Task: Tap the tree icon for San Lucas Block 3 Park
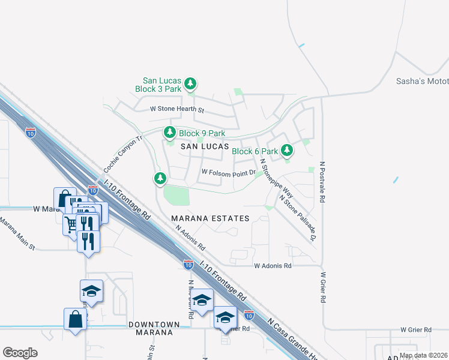pyautogui.click(x=190, y=83)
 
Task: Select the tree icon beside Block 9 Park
pyautogui.click(x=170, y=132)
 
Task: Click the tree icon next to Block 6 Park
pyautogui.click(x=288, y=151)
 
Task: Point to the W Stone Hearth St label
pyautogui.click(x=177, y=110)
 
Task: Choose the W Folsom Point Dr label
pyautogui.click(x=229, y=172)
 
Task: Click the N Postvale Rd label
pyautogui.click(x=322, y=181)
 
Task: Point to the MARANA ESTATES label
pyautogui.click(x=210, y=218)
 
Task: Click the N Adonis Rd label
pyautogui.click(x=190, y=236)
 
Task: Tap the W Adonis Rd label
pyautogui.click(x=273, y=265)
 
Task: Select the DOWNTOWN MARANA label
pyautogui.click(x=154, y=329)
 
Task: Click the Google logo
pyautogui.click(x=20, y=353)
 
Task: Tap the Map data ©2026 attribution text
pyautogui.click(x=423, y=355)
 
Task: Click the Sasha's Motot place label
pyautogui.click(x=423, y=82)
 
